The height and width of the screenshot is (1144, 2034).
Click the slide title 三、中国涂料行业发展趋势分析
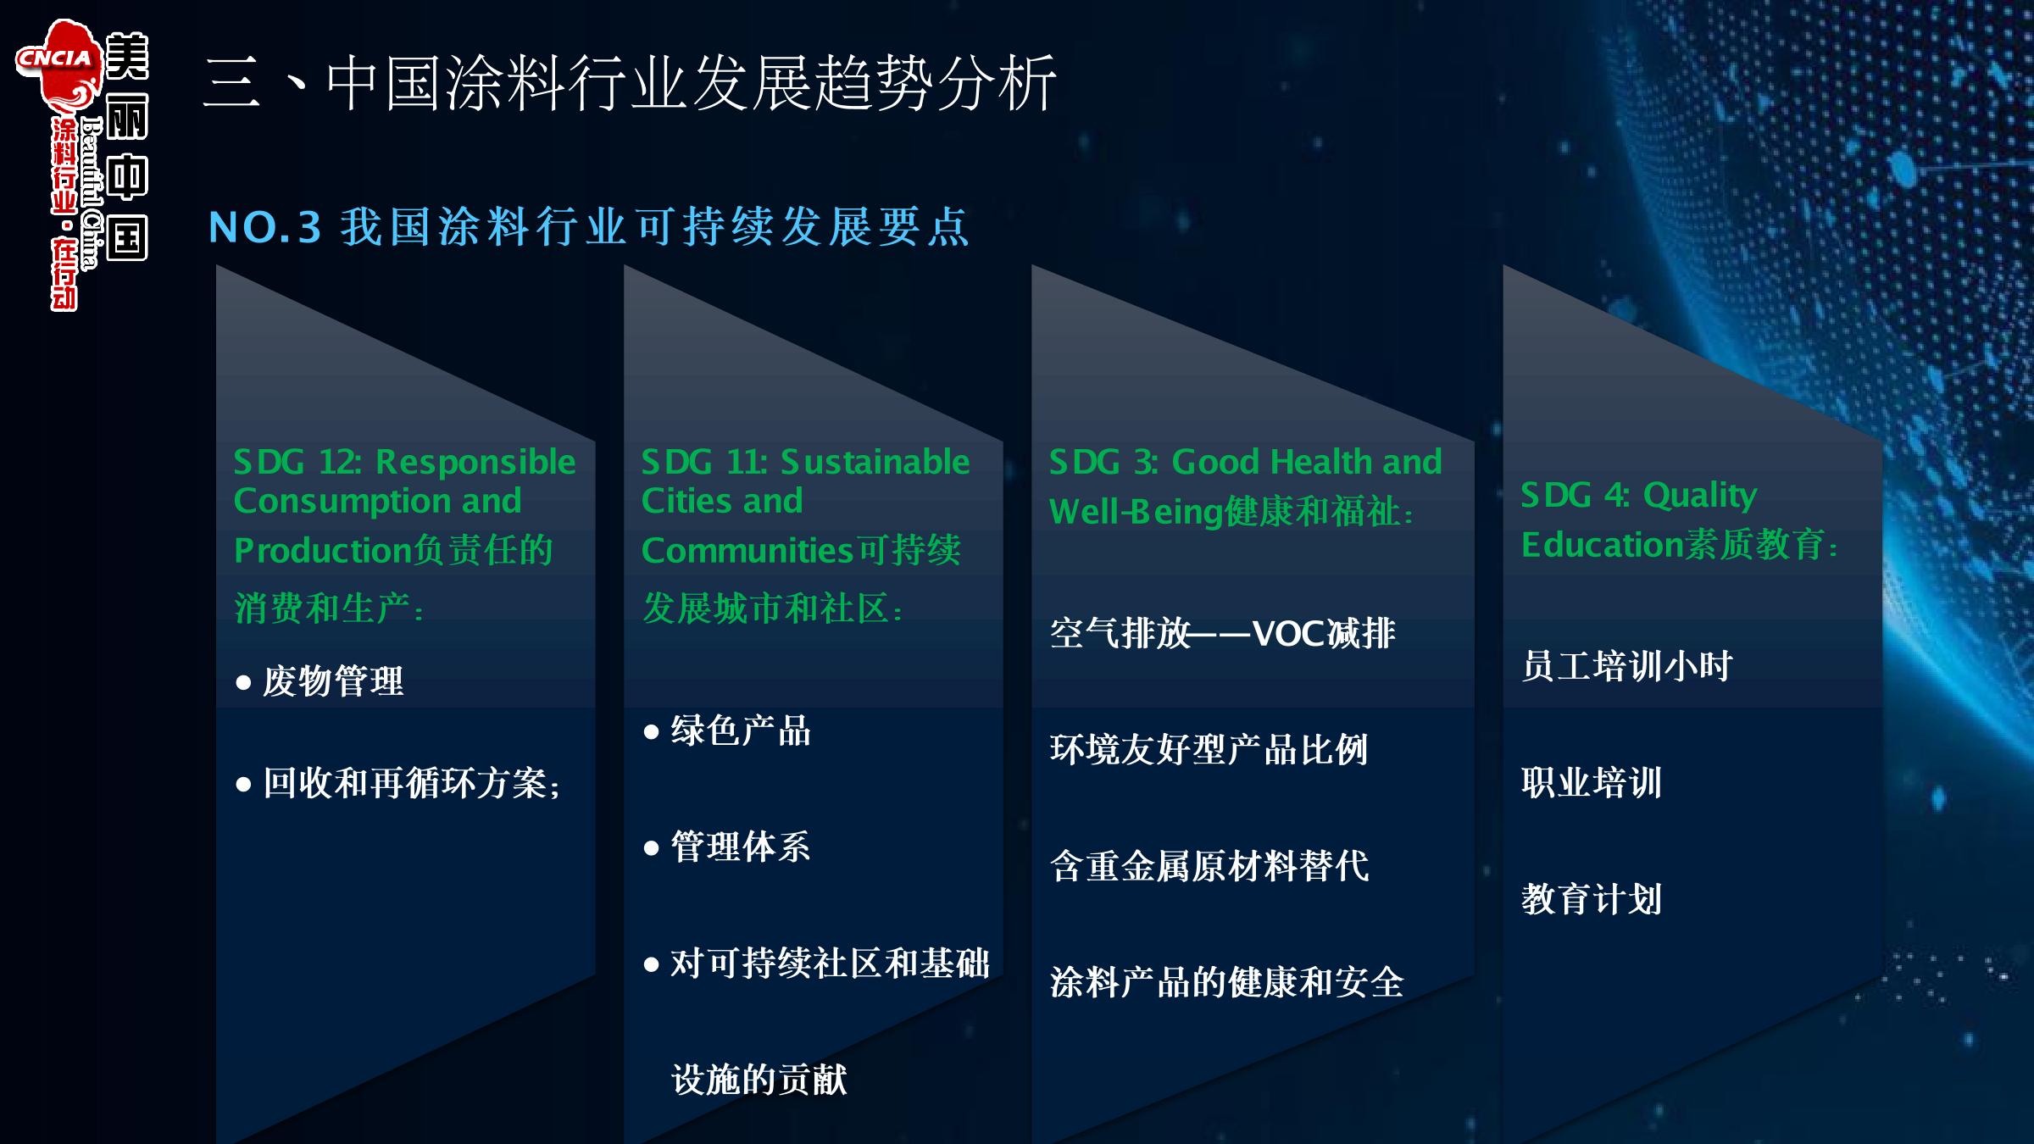pos(630,83)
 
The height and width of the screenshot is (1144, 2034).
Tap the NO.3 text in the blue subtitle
pos(264,227)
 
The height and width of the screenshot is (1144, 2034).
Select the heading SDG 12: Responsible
pos(404,462)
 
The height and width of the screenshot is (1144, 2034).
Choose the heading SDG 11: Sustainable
pos(805,462)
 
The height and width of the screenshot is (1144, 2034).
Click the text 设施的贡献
pos(759,1080)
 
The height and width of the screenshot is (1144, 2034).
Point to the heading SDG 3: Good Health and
pos(1245,462)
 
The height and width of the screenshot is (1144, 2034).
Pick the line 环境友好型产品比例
pos(1209,750)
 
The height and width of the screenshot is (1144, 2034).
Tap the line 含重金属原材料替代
pos(1209,866)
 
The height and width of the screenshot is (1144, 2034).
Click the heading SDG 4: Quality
pos(1639,495)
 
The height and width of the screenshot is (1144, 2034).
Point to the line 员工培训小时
pos(1627,666)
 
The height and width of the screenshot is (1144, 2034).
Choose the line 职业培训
pos(1592,783)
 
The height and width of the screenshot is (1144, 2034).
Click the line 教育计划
pos(1592,899)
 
